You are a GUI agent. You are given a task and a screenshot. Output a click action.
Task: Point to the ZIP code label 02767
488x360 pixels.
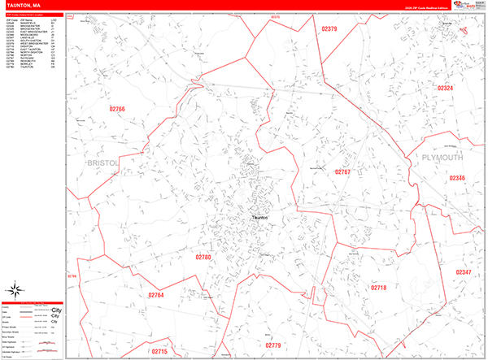pyautogui.click(x=342, y=172)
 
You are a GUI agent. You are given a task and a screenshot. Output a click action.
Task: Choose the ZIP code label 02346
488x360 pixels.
pyautogui.click(x=458, y=177)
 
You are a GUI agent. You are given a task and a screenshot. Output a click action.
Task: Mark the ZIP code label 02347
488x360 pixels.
pyautogui.click(x=464, y=272)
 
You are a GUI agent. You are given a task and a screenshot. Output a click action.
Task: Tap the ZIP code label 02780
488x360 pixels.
pyautogui.click(x=203, y=257)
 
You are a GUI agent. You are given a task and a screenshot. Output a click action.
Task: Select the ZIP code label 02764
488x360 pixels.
pyautogui.click(x=156, y=296)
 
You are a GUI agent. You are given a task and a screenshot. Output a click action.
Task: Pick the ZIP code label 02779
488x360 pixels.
pyautogui.click(x=272, y=345)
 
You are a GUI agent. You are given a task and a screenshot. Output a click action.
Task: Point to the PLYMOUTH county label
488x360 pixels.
pyautogui.click(x=443, y=156)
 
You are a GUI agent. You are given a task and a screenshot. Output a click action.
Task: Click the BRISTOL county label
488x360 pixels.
pyautogui.click(x=102, y=163)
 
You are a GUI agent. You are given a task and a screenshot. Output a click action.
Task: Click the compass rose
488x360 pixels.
pyautogui.click(x=15, y=290)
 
